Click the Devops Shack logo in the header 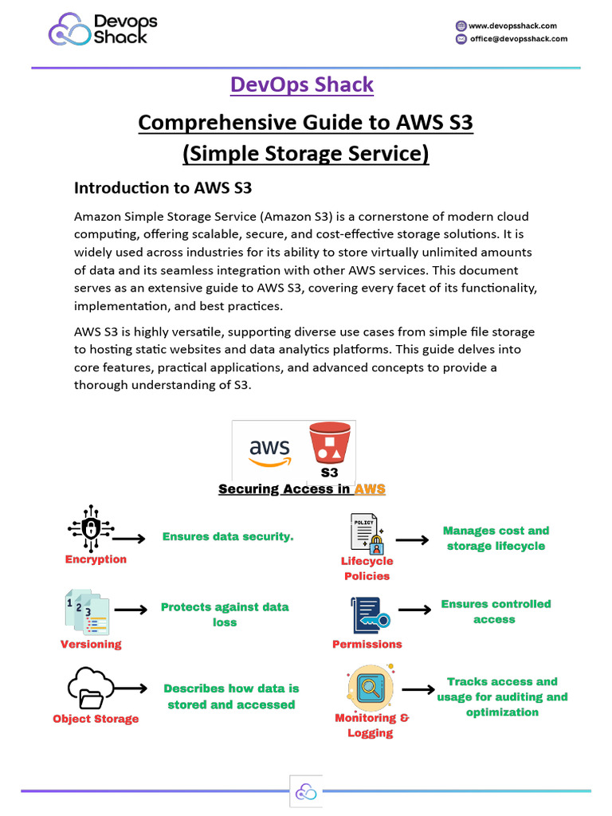click(104, 30)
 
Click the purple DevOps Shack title click(301, 84)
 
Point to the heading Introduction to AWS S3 click(163, 188)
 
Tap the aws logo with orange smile click(269, 452)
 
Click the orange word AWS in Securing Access click(370, 489)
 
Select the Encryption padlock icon click(90, 527)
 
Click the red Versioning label click(91, 644)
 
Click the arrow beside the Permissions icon click(414, 610)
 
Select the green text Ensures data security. click(228, 537)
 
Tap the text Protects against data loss click(225, 614)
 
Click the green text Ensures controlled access click(496, 611)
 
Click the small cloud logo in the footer click(306, 791)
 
